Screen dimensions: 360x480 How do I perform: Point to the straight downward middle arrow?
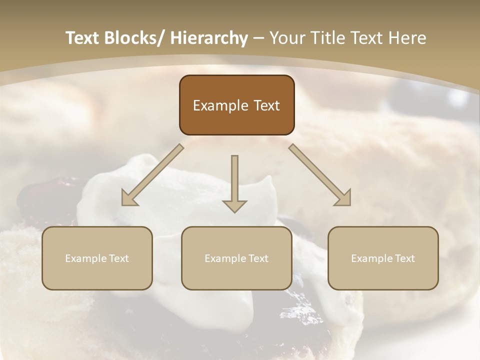(x=234, y=180)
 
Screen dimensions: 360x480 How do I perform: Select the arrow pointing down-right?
(x=320, y=175)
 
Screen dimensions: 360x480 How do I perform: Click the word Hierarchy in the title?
(x=209, y=38)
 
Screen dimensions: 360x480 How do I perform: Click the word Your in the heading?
(x=286, y=38)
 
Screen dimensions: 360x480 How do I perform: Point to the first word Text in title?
(x=83, y=38)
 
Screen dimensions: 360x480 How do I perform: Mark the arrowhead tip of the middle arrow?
(x=234, y=212)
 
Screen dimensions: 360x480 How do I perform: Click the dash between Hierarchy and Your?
(x=258, y=38)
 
